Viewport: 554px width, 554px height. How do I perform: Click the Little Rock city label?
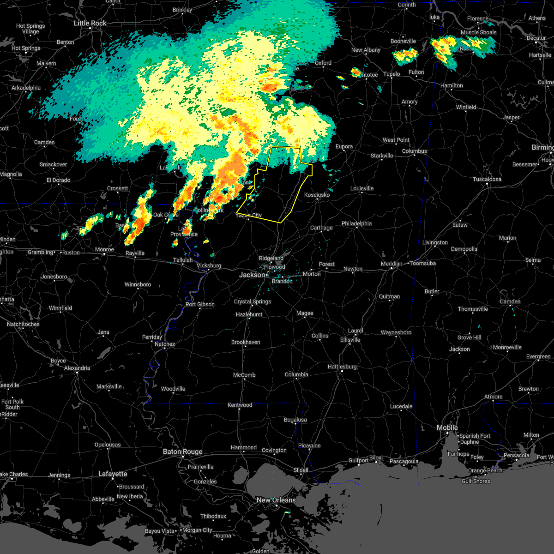coord(90,23)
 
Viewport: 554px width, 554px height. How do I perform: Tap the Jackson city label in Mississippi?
coord(252,275)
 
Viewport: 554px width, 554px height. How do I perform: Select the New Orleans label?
coord(276,500)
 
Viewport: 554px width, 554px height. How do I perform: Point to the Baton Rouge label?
coord(182,452)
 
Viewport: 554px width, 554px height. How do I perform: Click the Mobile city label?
coord(447,428)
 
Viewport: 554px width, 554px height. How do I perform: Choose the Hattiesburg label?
coord(342,367)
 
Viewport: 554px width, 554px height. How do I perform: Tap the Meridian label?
coord(391,263)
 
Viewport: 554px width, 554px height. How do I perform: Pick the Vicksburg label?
coord(209,265)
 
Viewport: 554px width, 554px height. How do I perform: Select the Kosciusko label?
coord(317,195)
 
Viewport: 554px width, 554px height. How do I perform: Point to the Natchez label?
coord(165,344)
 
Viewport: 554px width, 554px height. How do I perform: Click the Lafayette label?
coord(113,474)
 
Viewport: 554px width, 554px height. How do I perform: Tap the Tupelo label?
coord(391,74)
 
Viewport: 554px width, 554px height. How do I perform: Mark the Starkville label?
coord(382,156)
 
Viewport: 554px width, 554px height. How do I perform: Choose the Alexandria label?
coord(77,368)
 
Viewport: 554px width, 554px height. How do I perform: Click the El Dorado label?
coord(59,180)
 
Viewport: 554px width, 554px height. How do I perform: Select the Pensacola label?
coord(516,455)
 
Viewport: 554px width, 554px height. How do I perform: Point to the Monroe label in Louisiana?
coord(104,249)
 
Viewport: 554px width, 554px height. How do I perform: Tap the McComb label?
coord(244,375)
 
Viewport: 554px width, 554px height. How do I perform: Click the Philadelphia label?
coord(356,223)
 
